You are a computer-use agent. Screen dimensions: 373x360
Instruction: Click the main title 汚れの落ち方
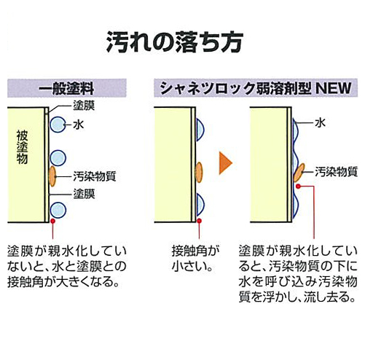coord(174,42)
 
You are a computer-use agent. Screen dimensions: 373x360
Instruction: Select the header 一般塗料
coord(66,88)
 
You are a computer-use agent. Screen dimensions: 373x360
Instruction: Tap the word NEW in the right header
coord(334,88)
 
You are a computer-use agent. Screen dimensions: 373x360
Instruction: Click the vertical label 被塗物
coord(22,147)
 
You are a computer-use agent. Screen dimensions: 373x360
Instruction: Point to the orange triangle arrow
coord(226,163)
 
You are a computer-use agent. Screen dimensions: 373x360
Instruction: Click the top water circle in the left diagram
coord(58,125)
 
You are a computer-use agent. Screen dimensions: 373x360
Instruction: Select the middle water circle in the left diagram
coord(58,158)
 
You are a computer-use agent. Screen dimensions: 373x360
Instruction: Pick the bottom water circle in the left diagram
coord(58,210)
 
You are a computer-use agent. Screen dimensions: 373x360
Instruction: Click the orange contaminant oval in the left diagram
coord(52,176)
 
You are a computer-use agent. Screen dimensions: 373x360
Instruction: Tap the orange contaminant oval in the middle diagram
coord(199,172)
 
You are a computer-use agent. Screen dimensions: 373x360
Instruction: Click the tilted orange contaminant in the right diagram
coord(299,173)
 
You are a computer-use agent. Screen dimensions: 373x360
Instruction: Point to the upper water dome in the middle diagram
coord(200,130)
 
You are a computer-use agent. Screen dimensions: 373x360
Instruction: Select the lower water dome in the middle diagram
coord(200,205)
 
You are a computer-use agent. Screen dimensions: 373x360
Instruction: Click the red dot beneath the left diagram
coord(52,221)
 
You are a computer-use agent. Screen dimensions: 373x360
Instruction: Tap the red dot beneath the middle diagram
coord(199,221)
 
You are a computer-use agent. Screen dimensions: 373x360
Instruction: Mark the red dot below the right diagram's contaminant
coord(299,187)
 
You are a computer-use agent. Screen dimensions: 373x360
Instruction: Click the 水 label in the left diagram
coord(78,125)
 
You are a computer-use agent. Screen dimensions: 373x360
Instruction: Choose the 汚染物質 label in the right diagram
coord(337,172)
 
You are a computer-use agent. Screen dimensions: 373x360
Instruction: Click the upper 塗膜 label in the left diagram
coord(84,106)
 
